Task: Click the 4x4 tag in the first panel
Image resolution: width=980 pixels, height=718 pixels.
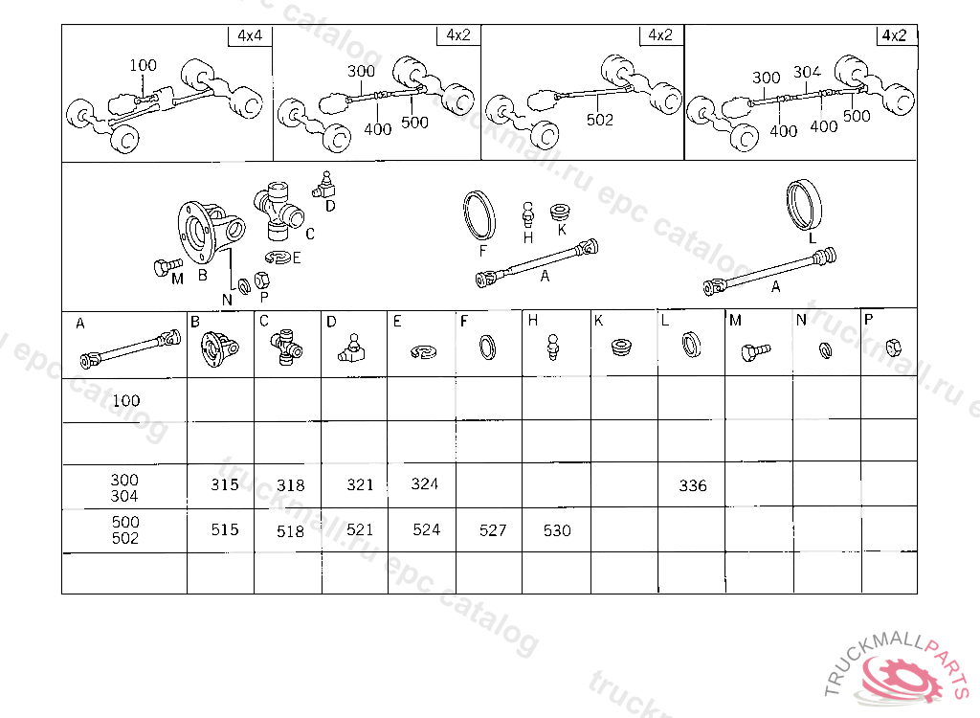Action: coord(250,35)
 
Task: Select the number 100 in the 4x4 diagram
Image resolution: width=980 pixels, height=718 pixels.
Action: coord(143,65)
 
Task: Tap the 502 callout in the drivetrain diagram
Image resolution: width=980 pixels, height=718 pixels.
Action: coord(599,120)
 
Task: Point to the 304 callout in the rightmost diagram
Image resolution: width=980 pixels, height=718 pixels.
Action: coord(807,72)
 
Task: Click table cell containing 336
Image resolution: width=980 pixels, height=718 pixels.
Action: coord(693,485)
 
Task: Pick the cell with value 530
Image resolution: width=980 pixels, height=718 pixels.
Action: coord(557,530)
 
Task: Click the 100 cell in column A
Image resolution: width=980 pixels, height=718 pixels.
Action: coord(125,400)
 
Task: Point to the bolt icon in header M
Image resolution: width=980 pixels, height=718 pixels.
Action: coord(756,351)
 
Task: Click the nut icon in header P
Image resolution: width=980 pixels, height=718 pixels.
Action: coord(893,348)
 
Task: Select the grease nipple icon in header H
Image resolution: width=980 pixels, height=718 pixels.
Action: coord(552,348)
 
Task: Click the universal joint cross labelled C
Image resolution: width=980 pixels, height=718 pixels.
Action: coord(278,211)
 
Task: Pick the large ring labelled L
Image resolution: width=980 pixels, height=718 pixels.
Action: coord(804,205)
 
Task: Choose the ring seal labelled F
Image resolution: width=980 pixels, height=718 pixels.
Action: coord(479,215)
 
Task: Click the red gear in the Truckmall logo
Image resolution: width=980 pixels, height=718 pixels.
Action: coord(902,679)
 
